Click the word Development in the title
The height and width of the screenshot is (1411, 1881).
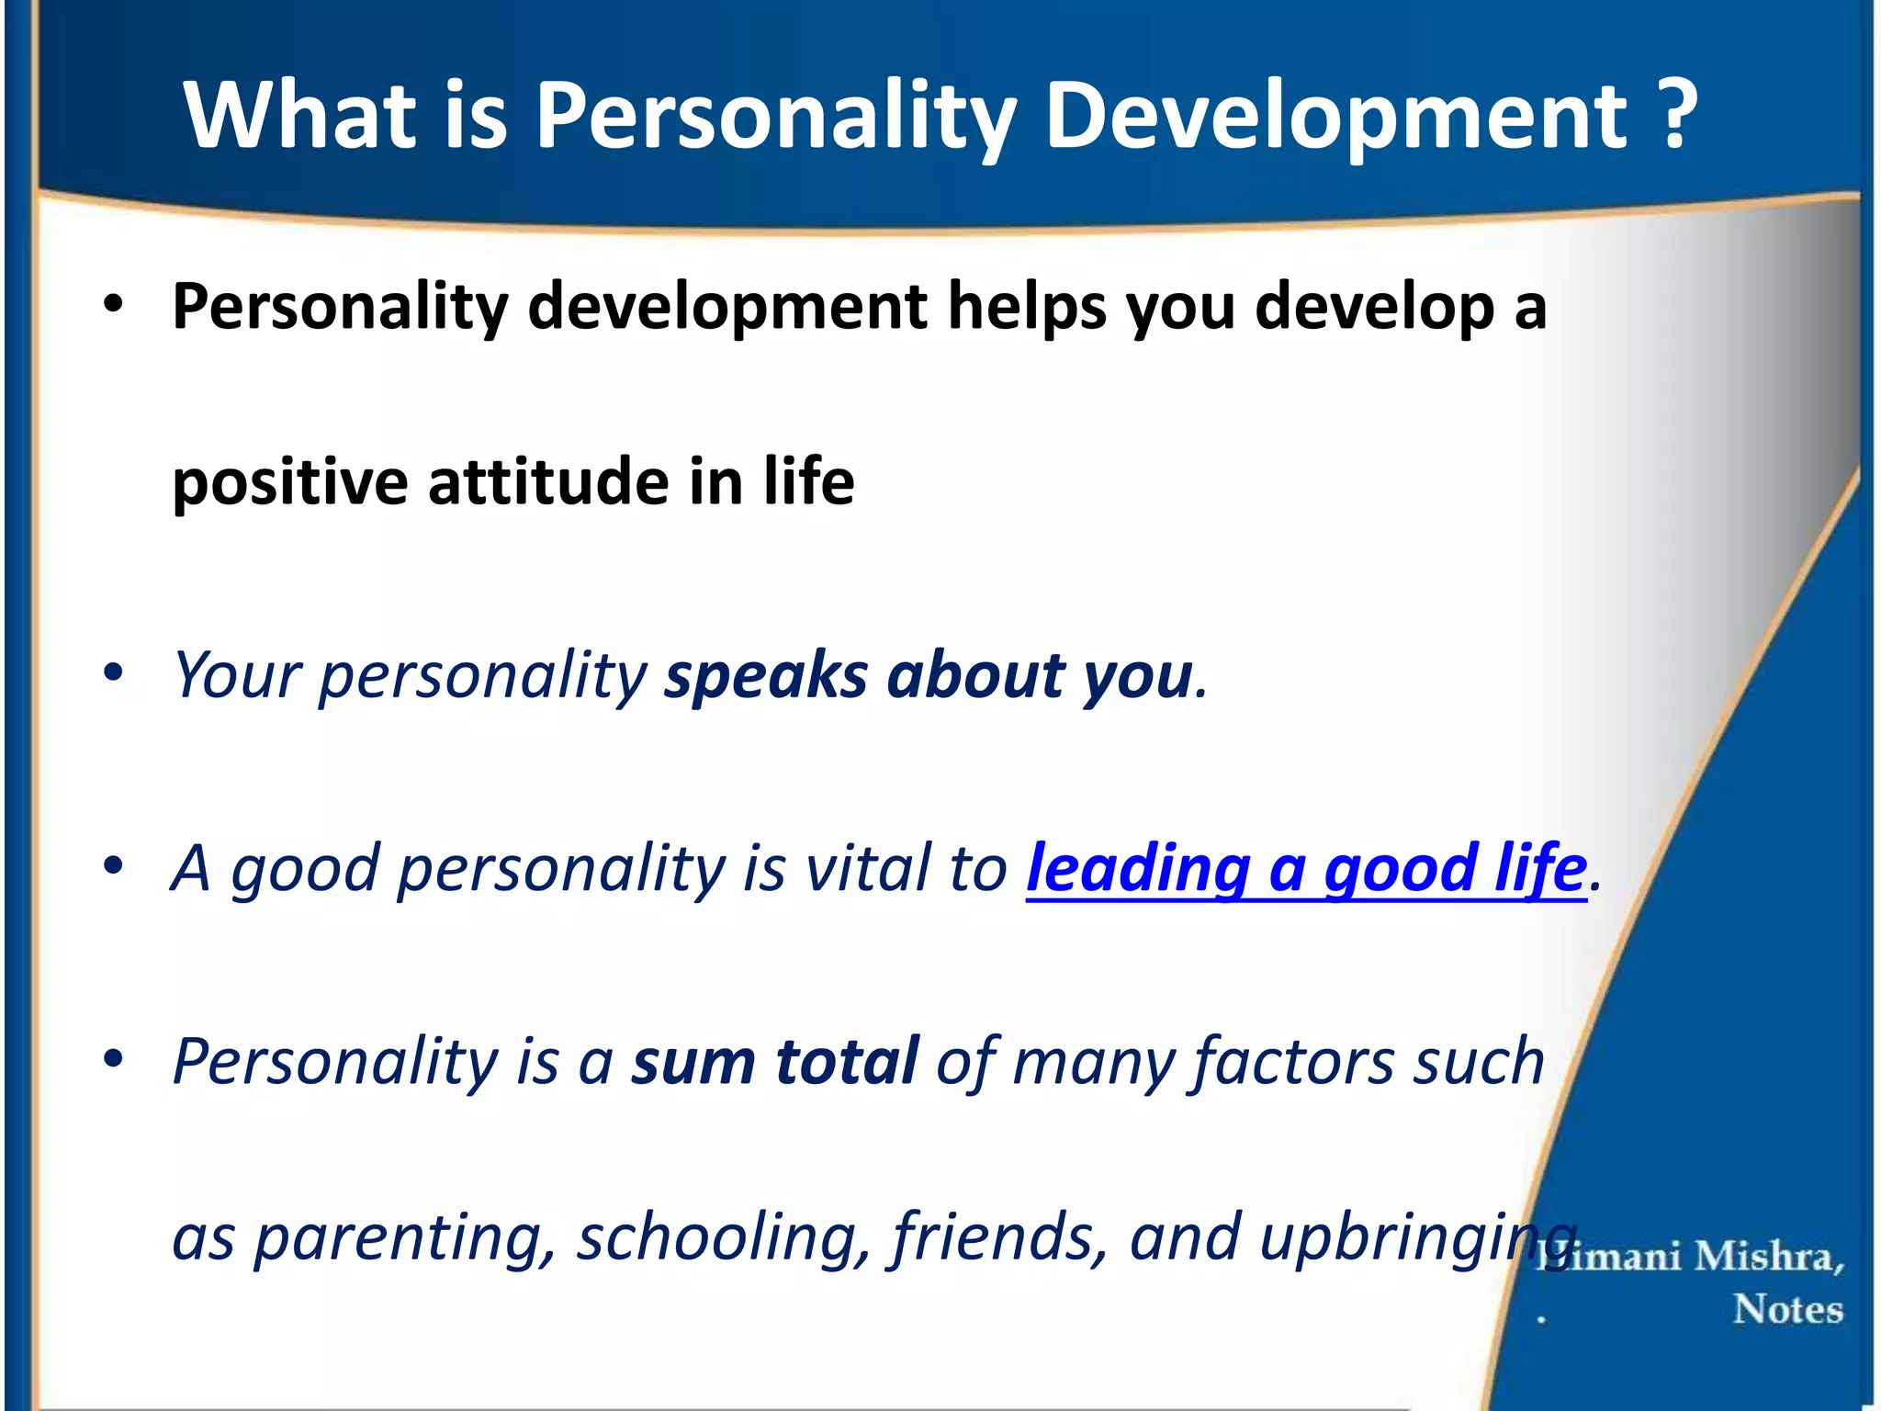click(1335, 116)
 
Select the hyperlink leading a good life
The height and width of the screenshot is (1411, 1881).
click(1306, 868)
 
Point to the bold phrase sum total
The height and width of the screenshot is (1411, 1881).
click(774, 1061)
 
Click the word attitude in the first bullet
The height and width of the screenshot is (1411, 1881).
click(547, 481)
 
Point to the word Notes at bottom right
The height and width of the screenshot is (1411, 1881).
click(1787, 1309)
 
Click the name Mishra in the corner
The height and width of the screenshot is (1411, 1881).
click(1768, 1256)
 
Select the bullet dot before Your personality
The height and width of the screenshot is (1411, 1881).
click(113, 673)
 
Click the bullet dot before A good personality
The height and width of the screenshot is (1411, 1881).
click(113, 865)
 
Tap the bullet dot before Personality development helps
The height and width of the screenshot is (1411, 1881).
click(113, 306)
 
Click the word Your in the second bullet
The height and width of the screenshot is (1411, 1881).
click(237, 676)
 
